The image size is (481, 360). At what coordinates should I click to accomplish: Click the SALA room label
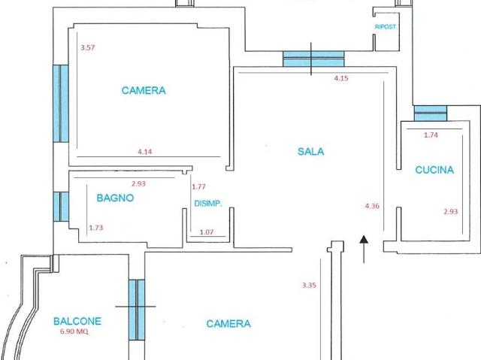(310, 152)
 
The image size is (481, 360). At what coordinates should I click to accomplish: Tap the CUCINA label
(434, 170)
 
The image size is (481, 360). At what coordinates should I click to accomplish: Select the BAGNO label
(115, 198)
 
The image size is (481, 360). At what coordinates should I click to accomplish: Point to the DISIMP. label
(208, 204)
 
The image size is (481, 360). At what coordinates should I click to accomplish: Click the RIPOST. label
(386, 27)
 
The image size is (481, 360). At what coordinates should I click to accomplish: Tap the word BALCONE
(77, 322)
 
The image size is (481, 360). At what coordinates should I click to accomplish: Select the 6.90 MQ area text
(74, 331)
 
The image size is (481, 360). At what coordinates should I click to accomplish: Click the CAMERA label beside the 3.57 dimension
(144, 90)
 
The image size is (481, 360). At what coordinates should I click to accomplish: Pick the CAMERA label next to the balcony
(228, 323)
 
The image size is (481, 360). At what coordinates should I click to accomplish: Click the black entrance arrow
(364, 250)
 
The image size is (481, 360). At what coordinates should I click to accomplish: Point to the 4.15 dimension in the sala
(341, 78)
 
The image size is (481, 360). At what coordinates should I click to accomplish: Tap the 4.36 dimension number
(372, 206)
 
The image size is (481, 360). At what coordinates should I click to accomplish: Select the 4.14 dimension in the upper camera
(145, 152)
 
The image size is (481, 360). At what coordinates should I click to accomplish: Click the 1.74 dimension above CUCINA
(431, 135)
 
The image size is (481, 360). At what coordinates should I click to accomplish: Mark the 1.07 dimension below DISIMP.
(207, 232)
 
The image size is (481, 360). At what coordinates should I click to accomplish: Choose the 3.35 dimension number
(309, 285)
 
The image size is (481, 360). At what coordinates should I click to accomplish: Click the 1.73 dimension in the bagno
(96, 228)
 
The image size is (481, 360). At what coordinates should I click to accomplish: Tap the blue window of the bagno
(61, 207)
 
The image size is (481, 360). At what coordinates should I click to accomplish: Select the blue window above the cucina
(431, 113)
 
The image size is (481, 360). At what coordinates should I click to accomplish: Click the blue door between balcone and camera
(137, 310)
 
